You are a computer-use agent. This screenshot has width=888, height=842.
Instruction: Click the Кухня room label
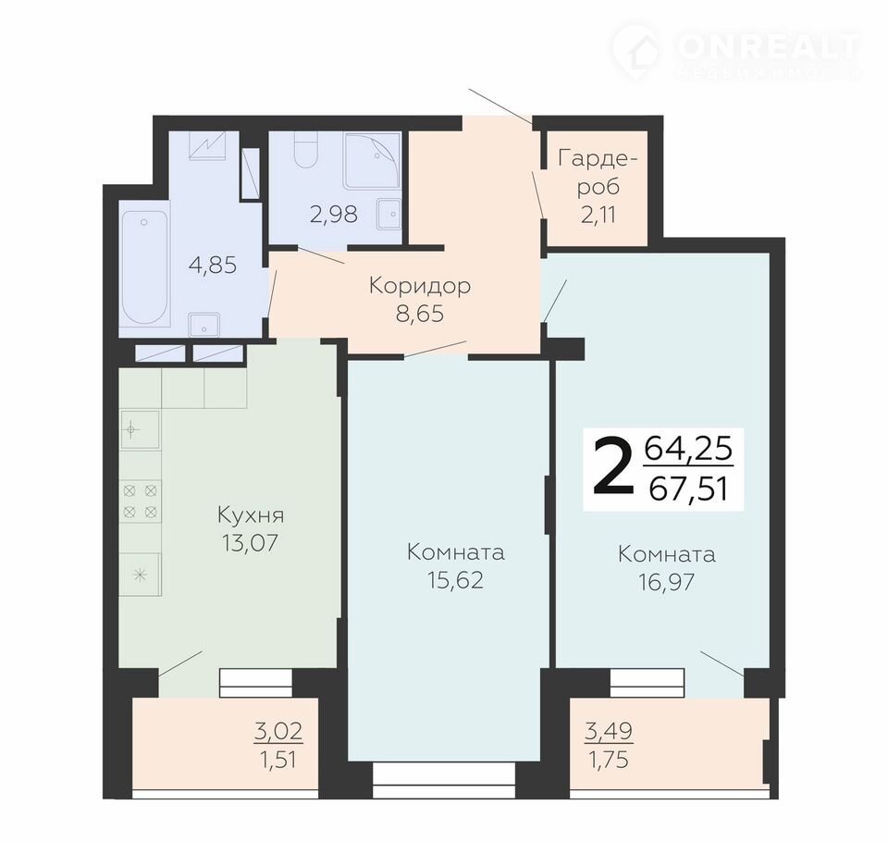251,515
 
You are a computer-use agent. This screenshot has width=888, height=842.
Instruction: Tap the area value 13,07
251,543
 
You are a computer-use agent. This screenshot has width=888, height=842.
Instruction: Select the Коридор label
420,286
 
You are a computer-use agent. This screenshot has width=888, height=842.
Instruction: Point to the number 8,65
420,314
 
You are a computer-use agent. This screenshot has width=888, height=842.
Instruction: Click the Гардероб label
598,172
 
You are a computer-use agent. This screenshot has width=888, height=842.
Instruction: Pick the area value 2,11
598,216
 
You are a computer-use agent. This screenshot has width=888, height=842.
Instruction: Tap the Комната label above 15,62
456,552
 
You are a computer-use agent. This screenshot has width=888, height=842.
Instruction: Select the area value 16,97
667,582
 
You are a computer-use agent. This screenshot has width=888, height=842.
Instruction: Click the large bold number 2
612,468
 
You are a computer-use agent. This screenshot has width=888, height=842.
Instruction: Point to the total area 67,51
688,489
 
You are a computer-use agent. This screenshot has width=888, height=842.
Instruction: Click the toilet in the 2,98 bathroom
306,151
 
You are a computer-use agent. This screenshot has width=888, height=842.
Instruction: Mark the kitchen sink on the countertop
140,429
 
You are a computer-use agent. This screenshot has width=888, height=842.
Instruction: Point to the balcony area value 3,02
278,732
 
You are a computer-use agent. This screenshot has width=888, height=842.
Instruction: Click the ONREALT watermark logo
735,50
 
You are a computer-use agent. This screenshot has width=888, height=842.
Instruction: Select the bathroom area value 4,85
213,265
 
